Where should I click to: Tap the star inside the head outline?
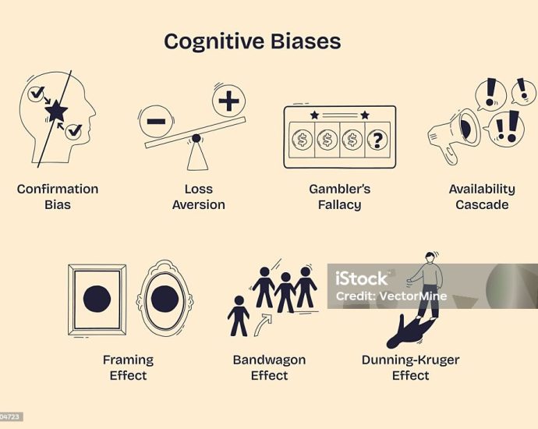(x=56, y=111)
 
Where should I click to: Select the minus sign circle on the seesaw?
(x=156, y=121)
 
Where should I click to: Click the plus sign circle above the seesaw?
(x=229, y=101)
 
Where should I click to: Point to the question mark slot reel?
(x=377, y=140)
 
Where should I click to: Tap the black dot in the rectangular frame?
(x=97, y=299)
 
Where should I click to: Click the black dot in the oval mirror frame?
(x=165, y=298)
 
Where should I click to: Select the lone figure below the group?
(x=239, y=316)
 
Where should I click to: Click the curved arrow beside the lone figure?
(x=264, y=324)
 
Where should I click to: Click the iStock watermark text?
(x=361, y=278)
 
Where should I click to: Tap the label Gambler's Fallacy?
(x=340, y=197)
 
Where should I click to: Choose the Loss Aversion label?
(x=199, y=197)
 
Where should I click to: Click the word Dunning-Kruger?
(x=410, y=360)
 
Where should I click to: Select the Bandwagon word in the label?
(x=269, y=360)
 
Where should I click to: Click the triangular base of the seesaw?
(x=197, y=156)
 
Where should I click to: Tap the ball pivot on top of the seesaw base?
(x=196, y=138)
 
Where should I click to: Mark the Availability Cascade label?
(x=482, y=197)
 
